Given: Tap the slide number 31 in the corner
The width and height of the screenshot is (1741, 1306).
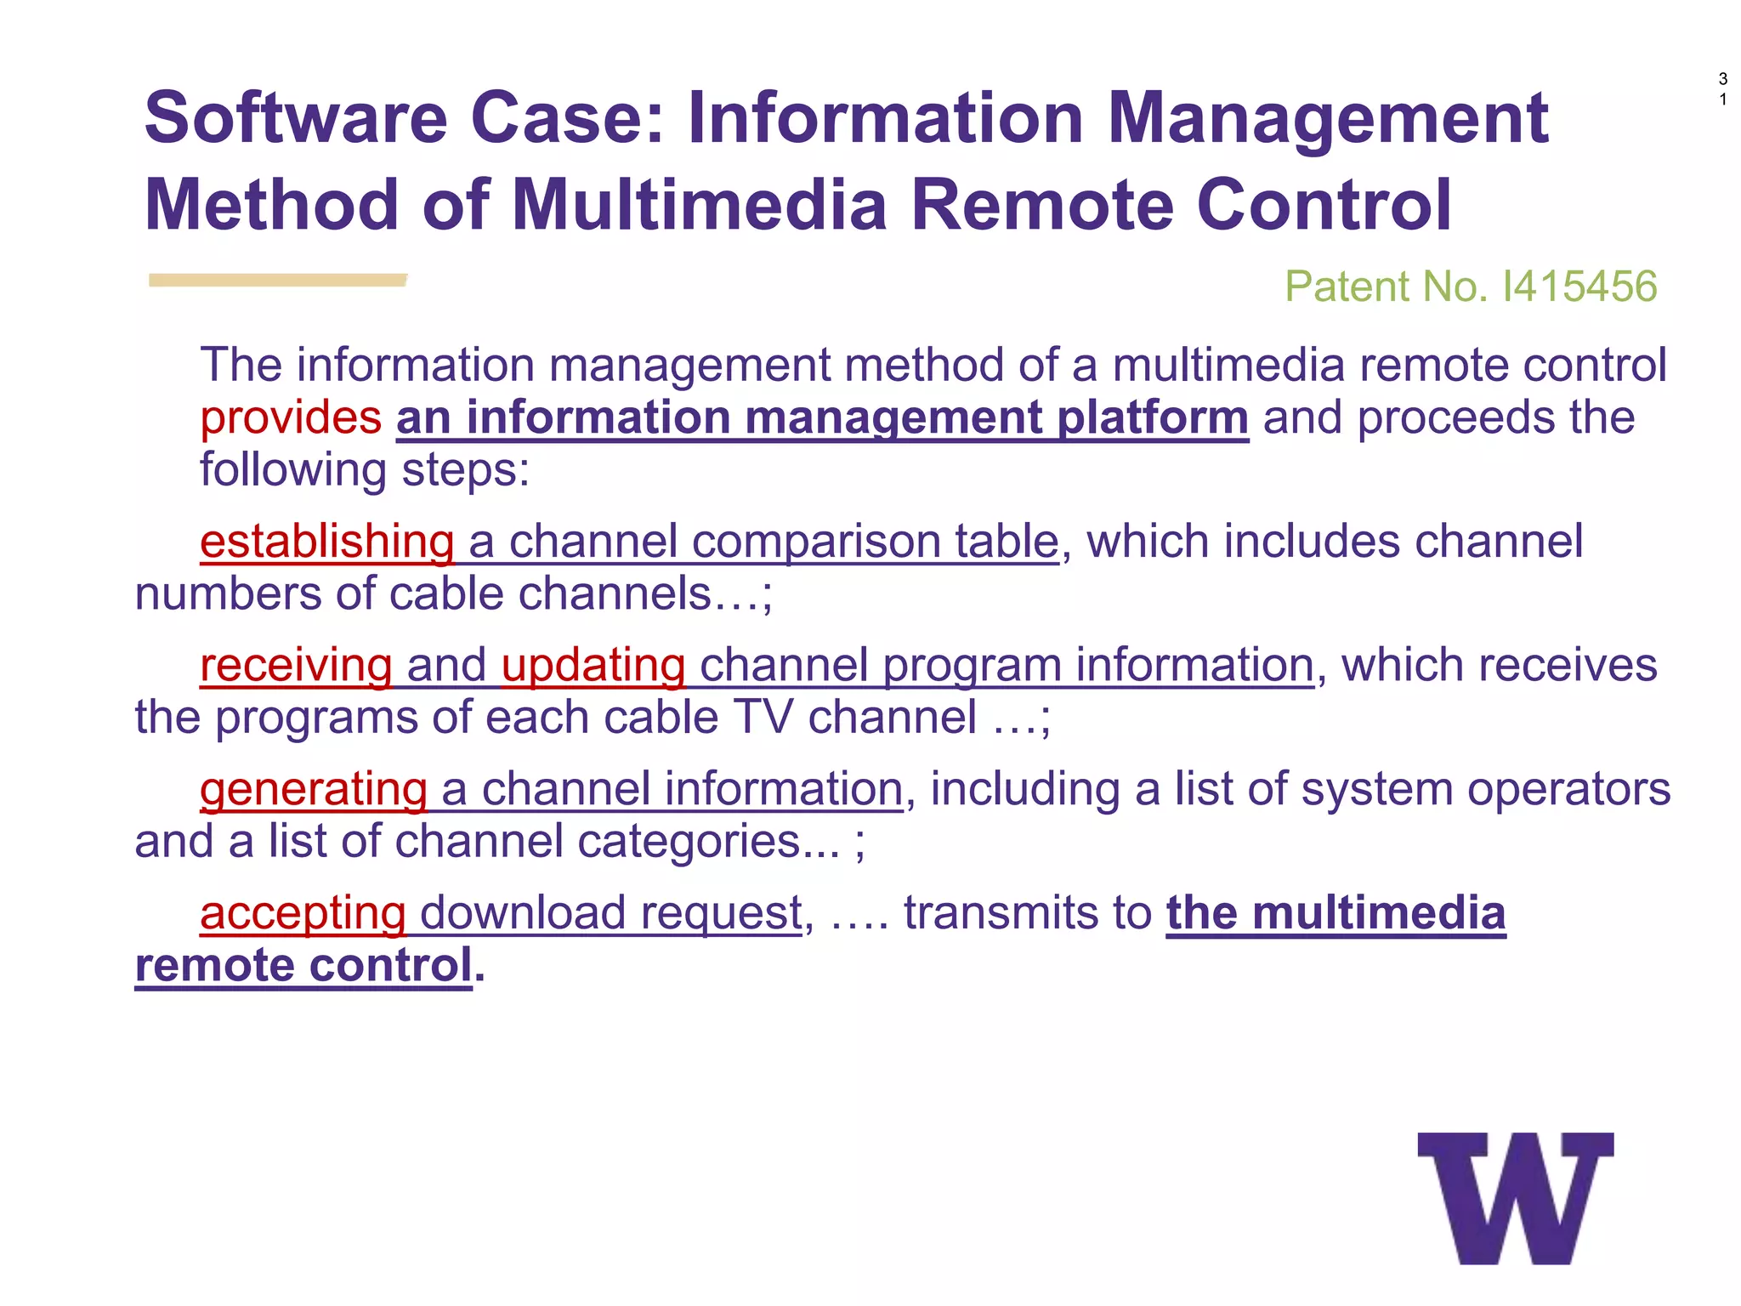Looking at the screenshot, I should click(x=1722, y=89).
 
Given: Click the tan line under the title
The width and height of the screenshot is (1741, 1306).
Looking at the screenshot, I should click(x=277, y=280).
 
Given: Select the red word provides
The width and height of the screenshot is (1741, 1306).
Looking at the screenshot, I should click(x=291, y=417).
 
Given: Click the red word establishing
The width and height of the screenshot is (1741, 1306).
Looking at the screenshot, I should click(x=327, y=542).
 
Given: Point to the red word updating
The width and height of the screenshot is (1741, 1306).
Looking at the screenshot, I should click(x=593, y=665).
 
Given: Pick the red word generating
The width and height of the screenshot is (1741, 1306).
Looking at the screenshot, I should click(x=313, y=789).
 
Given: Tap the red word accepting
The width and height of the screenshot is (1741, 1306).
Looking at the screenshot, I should click(x=303, y=913).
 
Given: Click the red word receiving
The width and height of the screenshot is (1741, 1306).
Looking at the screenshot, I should click(x=296, y=665).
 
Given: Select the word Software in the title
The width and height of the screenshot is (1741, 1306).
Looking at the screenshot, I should click(x=296, y=118).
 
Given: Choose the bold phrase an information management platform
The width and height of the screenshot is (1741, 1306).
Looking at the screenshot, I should click(x=822, y=417).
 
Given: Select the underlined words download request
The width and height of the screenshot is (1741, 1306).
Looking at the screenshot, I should click(x=610, y=913).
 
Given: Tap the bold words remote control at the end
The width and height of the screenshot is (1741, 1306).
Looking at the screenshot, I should click(x=303, y=966).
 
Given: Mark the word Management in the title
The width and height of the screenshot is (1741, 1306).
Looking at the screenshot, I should click(x=1328, y=118).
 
